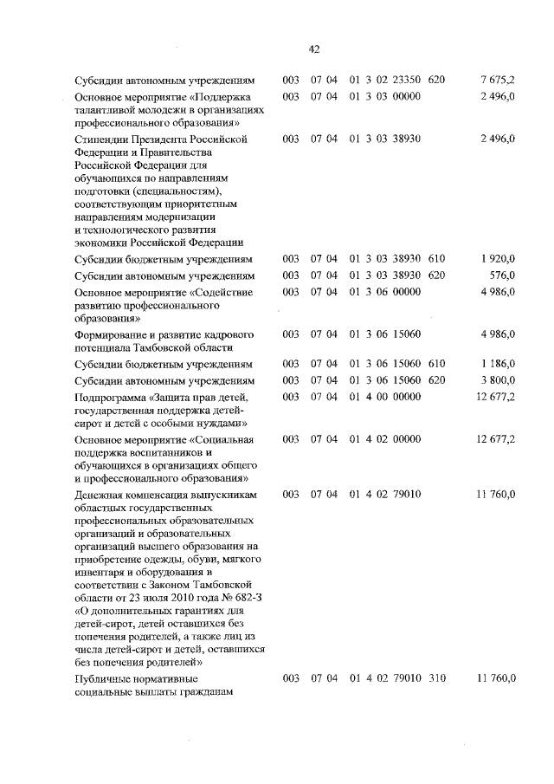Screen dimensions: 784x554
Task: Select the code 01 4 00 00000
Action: click(385, 397)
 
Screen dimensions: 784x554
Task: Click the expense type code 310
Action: click(436, 677)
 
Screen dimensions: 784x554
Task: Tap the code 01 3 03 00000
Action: click(385, 96)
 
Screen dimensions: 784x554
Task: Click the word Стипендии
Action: click(101, 139)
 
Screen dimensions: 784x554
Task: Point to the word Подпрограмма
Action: click(109, 397)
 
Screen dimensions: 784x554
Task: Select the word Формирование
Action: click(114, 334)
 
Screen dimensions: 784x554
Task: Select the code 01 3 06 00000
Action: click(385, 292)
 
